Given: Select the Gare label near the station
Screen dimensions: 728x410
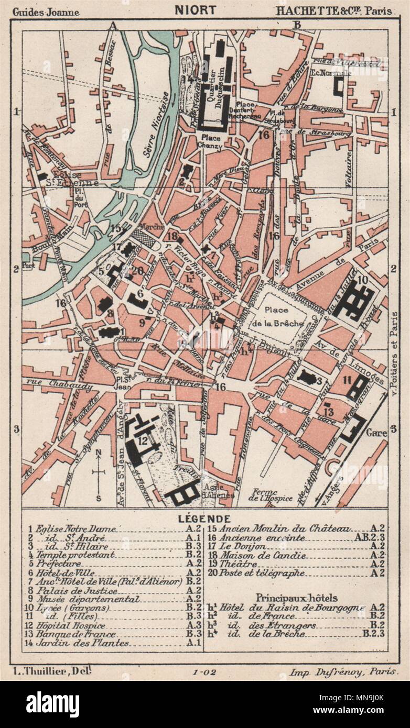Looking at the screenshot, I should (376, 433).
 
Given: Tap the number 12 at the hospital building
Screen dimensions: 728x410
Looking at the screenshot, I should (142, 441).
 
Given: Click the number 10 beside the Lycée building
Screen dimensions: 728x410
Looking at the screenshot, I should (363, 280).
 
